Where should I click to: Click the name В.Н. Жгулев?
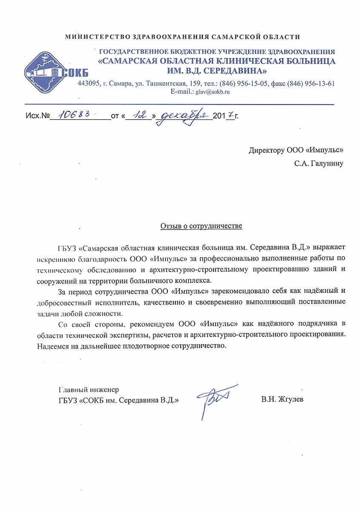pyautogui.click(x=282, y=399)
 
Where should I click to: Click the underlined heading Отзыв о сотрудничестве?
pyautogui.click(x=201, y=226)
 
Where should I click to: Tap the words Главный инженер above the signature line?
pyautogui.click(x=89, y=389)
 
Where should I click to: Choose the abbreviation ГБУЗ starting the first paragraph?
pyautogui.click(x=68, y=247)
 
